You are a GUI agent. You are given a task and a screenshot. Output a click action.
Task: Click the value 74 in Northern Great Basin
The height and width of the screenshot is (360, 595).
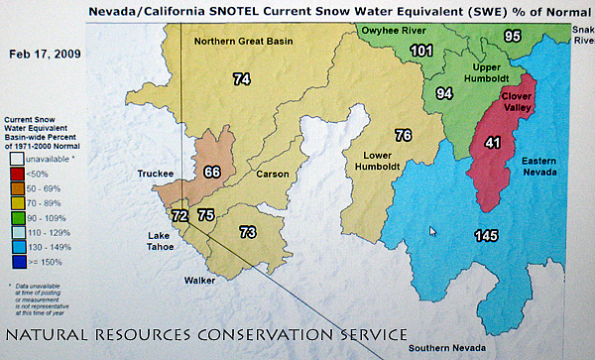point(241,79)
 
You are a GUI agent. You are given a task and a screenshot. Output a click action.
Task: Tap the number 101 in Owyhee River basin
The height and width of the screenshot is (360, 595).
point(421,51)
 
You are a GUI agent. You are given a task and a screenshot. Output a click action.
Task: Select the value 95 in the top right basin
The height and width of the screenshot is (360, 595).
point(512,36)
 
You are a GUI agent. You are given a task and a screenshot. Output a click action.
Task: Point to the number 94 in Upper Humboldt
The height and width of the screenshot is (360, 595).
point(445,93)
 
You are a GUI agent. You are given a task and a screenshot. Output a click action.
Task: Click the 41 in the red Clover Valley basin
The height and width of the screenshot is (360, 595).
point(491,143)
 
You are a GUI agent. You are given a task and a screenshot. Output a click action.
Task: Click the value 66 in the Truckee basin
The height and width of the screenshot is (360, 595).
point(211,172)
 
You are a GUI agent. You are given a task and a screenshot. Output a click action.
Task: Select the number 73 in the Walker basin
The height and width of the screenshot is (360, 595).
point(248,232)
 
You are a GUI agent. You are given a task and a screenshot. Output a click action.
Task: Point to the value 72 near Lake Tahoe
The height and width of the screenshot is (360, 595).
point(179,215)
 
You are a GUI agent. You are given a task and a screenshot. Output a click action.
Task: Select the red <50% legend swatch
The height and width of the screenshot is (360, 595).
point(17,172)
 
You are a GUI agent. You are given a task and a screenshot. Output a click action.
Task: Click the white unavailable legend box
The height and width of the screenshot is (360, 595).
point(17,156)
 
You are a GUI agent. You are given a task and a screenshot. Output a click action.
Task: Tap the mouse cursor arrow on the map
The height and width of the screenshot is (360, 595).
point(432,231)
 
